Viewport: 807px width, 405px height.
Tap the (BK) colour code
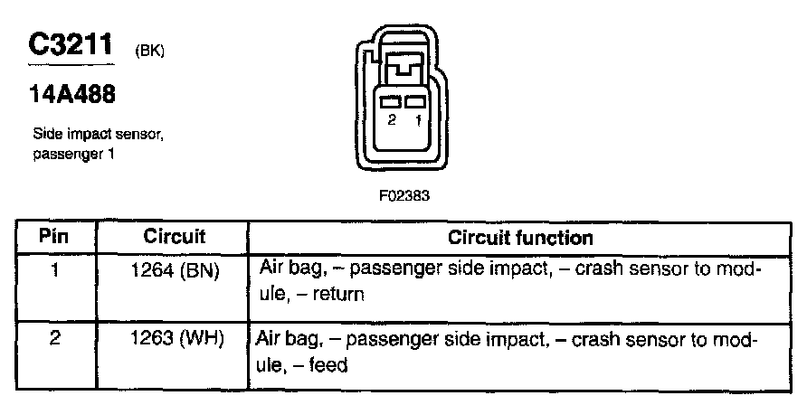(x=148, y=51)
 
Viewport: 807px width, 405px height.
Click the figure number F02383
(x=399, y=193)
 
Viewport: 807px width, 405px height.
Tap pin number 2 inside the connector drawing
(x=391, y=119)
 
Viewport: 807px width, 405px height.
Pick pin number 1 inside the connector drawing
(x=416, y=119)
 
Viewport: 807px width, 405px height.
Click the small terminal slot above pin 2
(x=392, y=102)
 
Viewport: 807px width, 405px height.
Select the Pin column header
(x=54, y=238)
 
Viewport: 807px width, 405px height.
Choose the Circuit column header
(x=175, y=238)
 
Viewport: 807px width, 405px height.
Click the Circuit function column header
(x=520, y=238)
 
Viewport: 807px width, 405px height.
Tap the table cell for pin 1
(x=54, y=268)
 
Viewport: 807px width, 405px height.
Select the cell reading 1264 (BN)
(x=175, y=268)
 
